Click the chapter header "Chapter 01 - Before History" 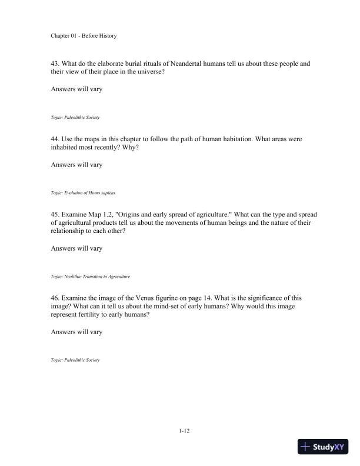tap(84, 36)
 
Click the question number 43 tap(56, 63)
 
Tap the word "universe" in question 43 tap(159, 72)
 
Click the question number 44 tap(56, 138)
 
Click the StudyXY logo tap(323, 447)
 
